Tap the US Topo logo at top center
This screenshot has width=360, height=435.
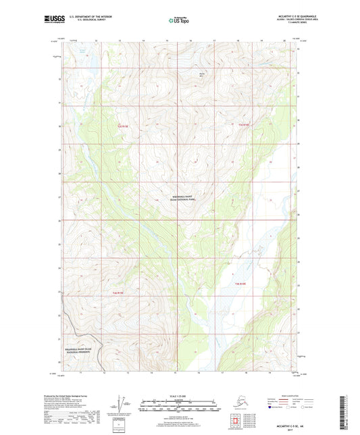coord(179,20)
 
